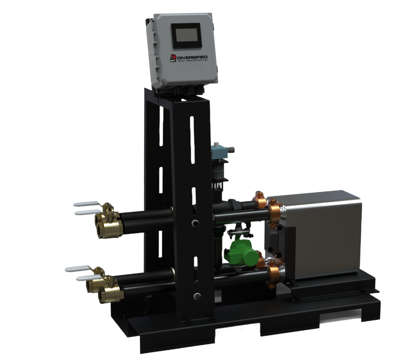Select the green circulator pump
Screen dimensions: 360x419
[x=241, y=251]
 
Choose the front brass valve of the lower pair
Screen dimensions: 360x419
[x=108, y=294]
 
